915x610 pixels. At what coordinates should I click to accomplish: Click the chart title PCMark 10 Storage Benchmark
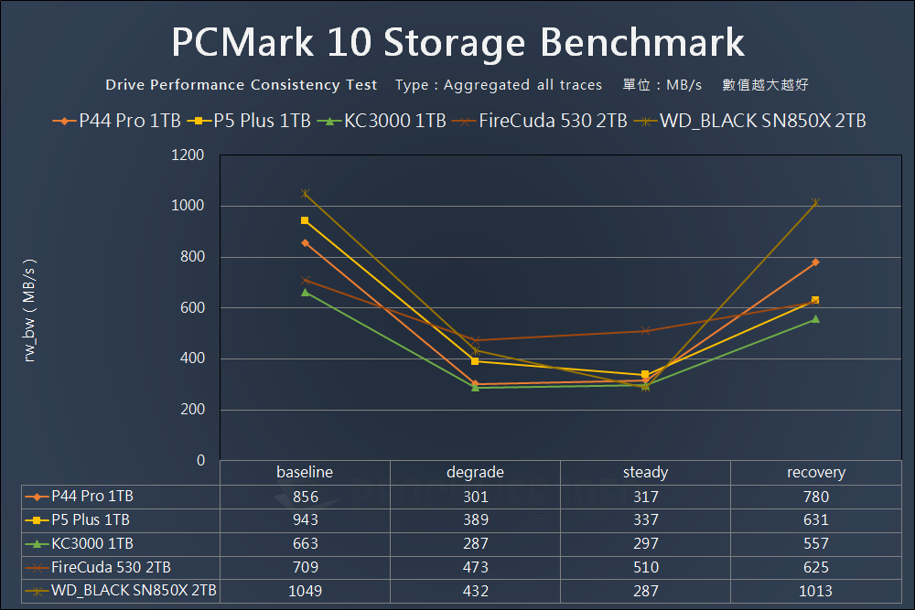tap(457, 43)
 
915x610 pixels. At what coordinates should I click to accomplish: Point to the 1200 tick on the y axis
tap(188, 155)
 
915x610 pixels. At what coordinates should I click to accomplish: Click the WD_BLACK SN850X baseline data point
tap(305, 194)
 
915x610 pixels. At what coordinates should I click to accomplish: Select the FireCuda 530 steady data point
tap(645, 331)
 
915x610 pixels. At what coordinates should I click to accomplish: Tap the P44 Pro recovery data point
tap(815, 262)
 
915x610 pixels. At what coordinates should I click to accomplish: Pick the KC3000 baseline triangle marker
tap(305, 292)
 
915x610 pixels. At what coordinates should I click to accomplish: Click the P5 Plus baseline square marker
tap(305, 220)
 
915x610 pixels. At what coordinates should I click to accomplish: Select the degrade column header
tap(475, 473)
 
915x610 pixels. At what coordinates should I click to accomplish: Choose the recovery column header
tap(815, 473)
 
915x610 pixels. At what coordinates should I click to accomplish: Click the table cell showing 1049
tap(305, 591)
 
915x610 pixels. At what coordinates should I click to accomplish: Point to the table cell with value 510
tap(645, 567)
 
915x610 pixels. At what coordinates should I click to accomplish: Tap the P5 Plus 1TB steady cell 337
tap(645, 520)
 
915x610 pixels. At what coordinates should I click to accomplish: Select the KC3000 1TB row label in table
tap(92, 544)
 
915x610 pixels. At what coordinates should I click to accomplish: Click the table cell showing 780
tap(815, 497)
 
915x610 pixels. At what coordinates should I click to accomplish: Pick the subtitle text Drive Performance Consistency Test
tap(241, 85)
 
